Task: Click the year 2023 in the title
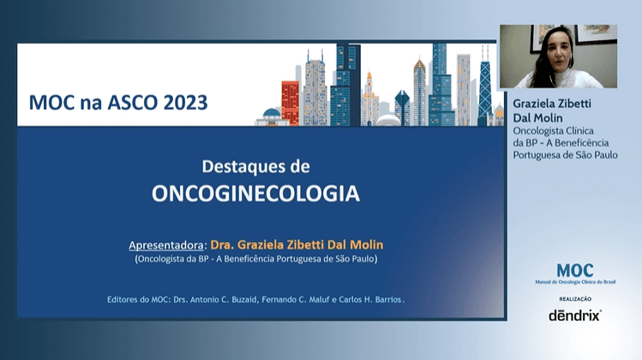[x=183, y=104]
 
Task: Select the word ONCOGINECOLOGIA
[x=255, y=195]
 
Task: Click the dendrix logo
[x=575, y=315]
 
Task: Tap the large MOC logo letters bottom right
[x=574, y=271]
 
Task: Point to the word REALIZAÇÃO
[x=575, y=298]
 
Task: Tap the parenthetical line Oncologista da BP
[x=255, y=258]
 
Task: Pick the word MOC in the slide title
[x=51, y=104]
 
